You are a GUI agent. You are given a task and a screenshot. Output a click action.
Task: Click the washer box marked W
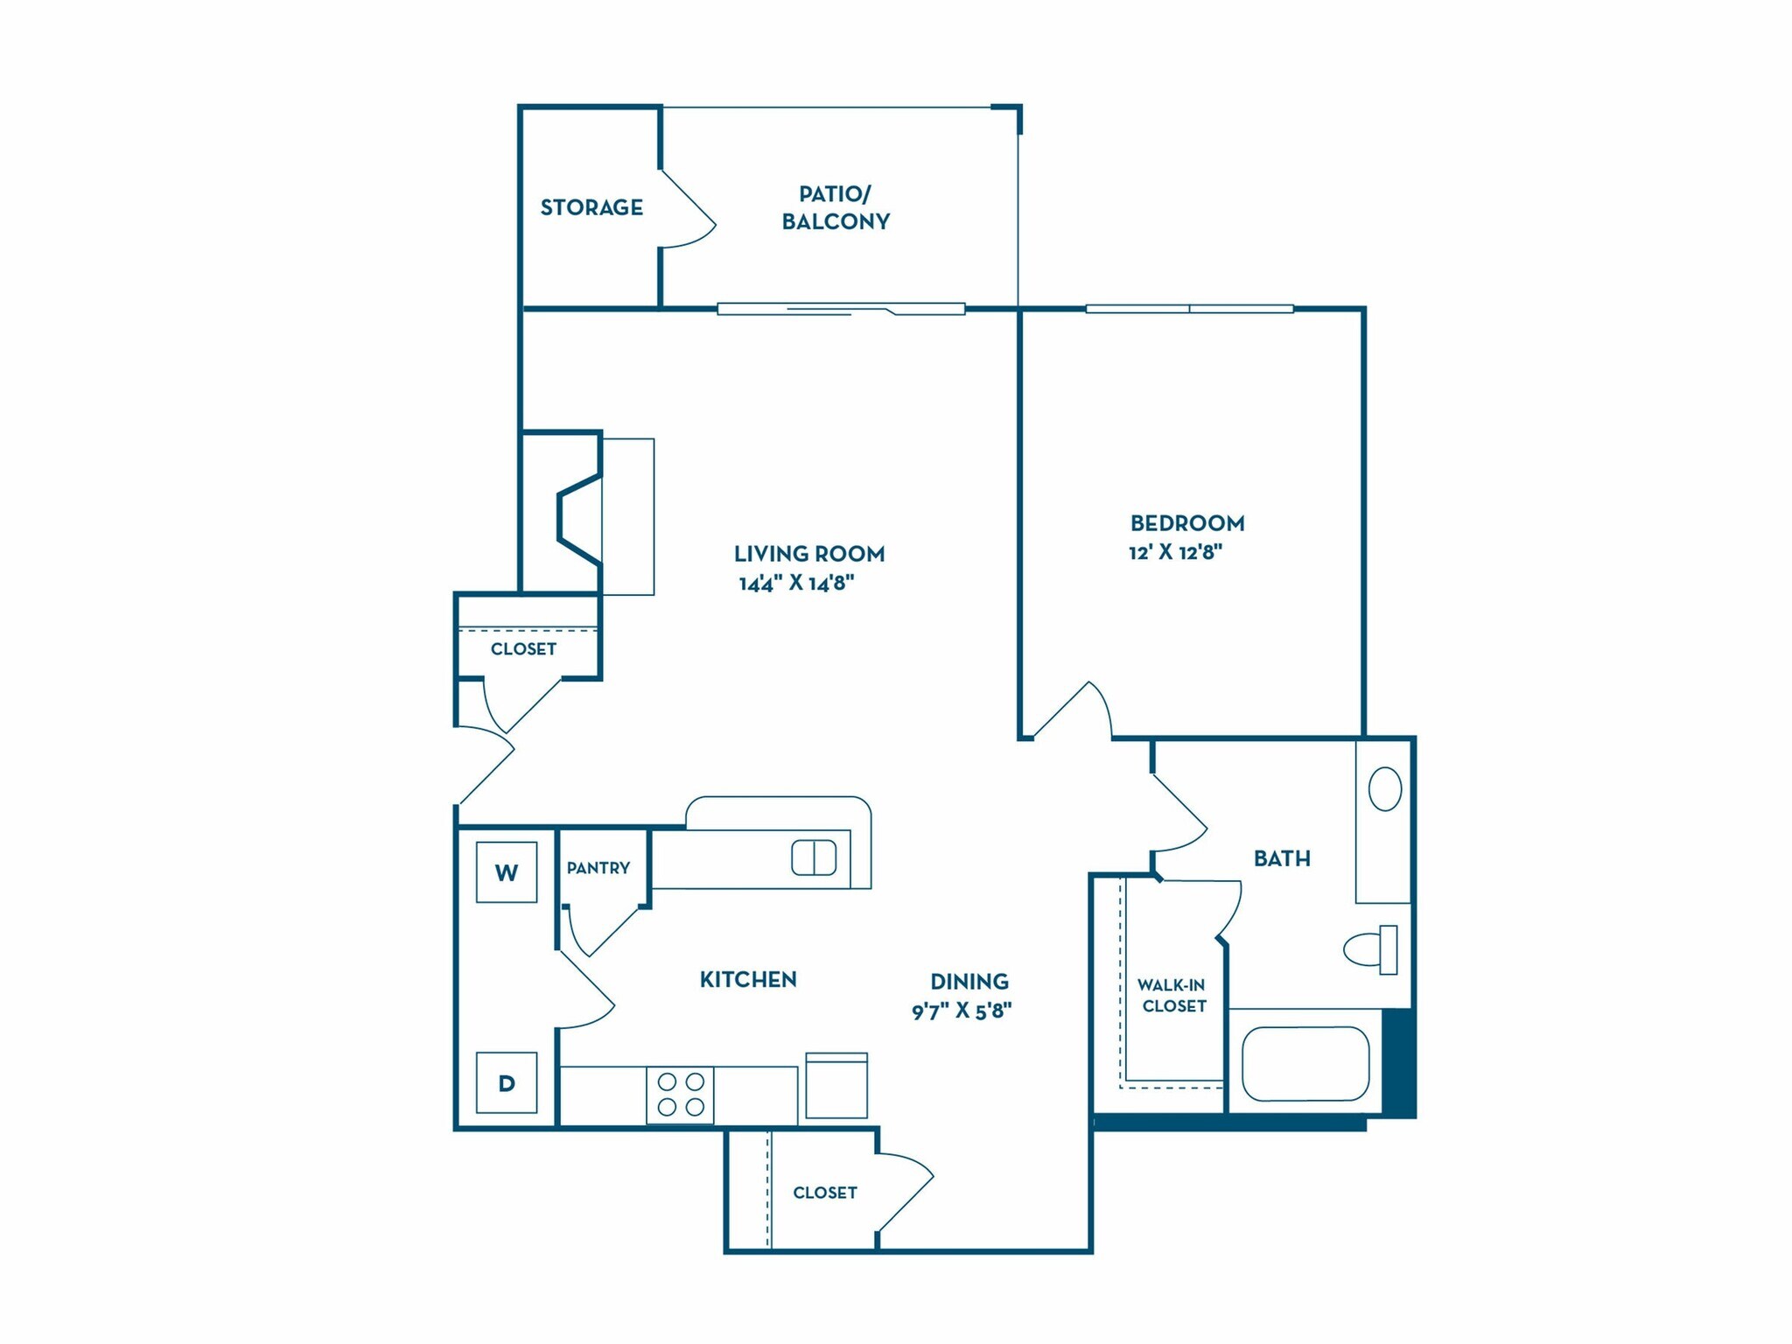506,871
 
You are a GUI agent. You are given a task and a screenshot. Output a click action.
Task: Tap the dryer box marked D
506,1082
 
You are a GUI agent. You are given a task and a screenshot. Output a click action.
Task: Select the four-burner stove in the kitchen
680,1095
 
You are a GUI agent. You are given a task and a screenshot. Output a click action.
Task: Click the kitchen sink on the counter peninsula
814,857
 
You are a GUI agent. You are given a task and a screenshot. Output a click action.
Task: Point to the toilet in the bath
1371,949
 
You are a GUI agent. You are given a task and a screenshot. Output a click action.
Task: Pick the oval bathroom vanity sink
1384,788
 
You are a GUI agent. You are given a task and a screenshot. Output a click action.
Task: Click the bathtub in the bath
1305,1063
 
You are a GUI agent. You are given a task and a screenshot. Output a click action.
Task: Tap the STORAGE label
591,207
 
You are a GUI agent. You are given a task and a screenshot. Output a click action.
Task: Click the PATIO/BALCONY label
835,207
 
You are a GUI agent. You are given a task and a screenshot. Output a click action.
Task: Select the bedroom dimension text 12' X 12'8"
1175,552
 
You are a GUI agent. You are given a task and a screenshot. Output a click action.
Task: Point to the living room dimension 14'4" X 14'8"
796,583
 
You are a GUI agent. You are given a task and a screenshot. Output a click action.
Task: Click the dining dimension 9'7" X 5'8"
962,1011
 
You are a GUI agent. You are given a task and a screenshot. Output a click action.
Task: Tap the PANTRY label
598,868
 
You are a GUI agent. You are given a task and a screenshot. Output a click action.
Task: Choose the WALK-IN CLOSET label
1172,996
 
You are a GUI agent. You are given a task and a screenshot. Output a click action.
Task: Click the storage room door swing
687,210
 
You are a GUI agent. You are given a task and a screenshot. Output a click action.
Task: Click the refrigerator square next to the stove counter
836,1086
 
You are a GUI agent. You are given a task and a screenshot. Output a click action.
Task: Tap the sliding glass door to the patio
840,309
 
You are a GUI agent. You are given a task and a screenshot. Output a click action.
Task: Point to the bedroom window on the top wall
1189,309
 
